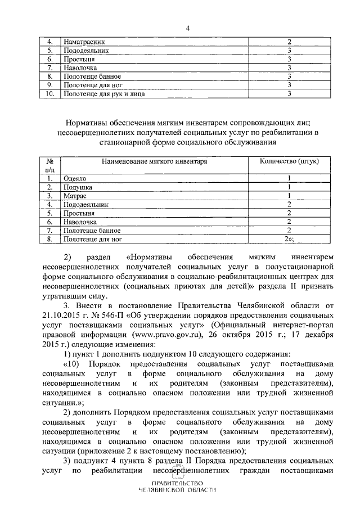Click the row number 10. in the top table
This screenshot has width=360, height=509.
[x=49, y=93]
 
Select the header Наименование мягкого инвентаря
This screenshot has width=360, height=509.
[x=155, y=161]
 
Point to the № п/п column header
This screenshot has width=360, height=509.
[x=49, y=165]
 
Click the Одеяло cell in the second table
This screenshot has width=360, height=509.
[x=75, y=178]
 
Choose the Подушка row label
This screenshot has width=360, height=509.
[x=78, y=187]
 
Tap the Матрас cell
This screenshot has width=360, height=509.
[x=74, y=196]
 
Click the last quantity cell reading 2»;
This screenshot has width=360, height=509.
[x=290, y=239]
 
